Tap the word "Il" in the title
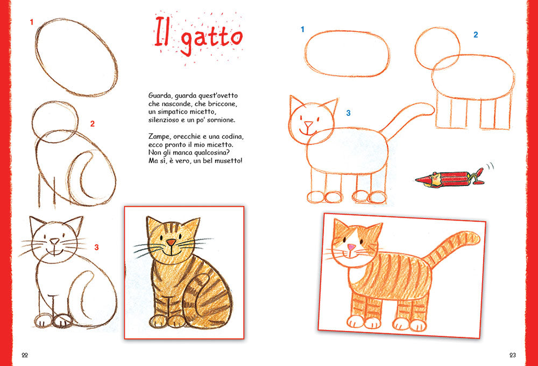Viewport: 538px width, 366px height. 161,33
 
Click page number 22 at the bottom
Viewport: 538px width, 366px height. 25,355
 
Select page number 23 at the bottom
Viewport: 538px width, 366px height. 512,355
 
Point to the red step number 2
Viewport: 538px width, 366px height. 93,124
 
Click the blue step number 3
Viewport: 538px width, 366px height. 348,113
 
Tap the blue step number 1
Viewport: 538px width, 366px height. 302,29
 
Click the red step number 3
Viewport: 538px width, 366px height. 97,248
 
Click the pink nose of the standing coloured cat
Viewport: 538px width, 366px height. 350,247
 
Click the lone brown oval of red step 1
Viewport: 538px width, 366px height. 76,57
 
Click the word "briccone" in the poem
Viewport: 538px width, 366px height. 222,103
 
